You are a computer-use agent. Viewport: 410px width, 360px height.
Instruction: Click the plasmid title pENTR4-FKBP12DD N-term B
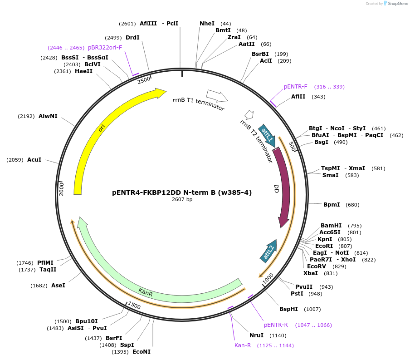182,192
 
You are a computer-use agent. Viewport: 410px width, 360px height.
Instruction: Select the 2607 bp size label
182,200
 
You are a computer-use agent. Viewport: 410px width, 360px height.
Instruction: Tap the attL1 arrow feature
267,135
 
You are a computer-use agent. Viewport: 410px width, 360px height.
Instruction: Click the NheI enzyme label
207,23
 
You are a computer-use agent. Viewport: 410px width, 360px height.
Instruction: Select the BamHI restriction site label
331,226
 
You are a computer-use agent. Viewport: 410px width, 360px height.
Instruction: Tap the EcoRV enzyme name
317,266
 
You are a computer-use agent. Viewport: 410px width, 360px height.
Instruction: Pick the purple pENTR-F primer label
295,87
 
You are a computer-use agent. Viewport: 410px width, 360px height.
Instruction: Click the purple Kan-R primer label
243,346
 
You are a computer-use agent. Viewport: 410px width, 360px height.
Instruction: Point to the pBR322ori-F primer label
105,47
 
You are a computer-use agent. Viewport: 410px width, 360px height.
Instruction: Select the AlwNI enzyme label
48,116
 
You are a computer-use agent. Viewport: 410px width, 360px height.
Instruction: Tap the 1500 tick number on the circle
135,305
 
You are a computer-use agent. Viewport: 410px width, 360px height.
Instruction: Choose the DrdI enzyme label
132,38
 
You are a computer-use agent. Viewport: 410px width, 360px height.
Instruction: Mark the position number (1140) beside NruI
278,335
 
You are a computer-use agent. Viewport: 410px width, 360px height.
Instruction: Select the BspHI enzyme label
288,309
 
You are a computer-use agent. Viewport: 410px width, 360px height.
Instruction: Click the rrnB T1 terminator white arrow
217,95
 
